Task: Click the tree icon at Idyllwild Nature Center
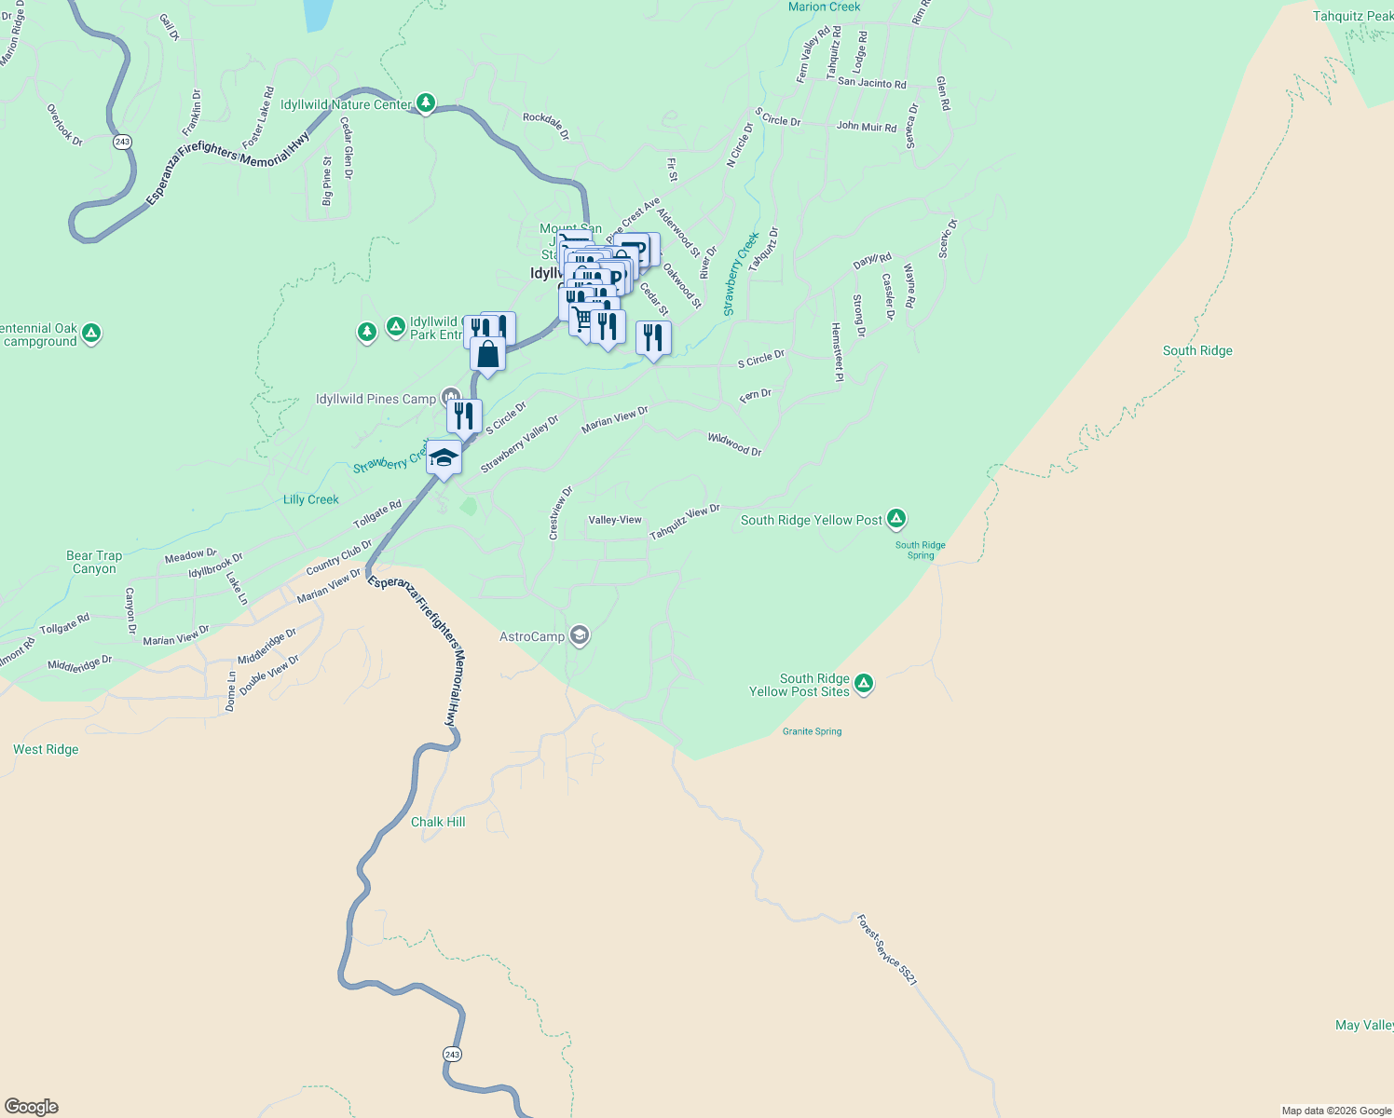[426, 102]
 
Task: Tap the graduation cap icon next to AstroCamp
[580, 636]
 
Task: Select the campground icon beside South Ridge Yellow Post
[896, 519]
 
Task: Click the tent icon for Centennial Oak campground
[91, 334]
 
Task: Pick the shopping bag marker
[487, 354]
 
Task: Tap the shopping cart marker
[582, 320]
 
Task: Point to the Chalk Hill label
[438, 822]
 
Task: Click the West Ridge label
[46, 749]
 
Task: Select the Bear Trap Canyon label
[94, 562]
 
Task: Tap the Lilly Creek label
[310, 499]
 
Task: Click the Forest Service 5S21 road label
[887, 950]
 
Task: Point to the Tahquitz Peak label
[1352, 16]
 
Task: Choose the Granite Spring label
[812, 731]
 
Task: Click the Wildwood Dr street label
[734, 444]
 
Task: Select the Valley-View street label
[615, 520]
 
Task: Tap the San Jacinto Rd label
[871, 83]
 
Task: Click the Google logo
[32, 1107]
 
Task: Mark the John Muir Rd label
[866, 126]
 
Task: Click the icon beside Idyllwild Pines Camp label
[451, 398]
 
